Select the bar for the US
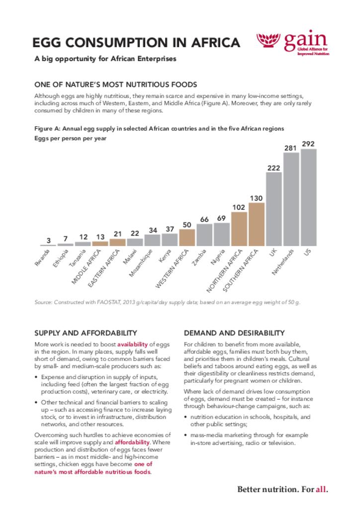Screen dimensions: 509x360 pyautogui.click(x=308, y=197)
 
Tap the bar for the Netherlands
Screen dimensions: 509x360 pyautogui.click(x=291, y=199)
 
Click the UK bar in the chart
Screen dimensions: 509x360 pyautogui.click(x=273, y=209)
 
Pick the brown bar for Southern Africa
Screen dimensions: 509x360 pyautogui.click(x=256, y=224)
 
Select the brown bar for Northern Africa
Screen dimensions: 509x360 pyautogui.click(x=239, y=229)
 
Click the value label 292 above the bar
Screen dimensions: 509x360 pyautogui.click(x=308, y=144)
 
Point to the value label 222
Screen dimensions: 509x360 pyautogui.click(x=273, y=168)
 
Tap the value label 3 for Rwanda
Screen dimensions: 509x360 pyautogui.click(x=48, y=241)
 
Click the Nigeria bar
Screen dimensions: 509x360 pyautogui.click(x=222, y=234)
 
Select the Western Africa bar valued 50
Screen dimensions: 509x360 pyautogui.click(x=187, y=237)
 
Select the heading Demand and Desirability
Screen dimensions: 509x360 pyautogui.click(x=234, y=333)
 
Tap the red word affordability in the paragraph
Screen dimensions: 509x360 pyautogui.click(x=132, y=442)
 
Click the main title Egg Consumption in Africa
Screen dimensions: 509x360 pyautogui.click(x=137, y=43)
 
